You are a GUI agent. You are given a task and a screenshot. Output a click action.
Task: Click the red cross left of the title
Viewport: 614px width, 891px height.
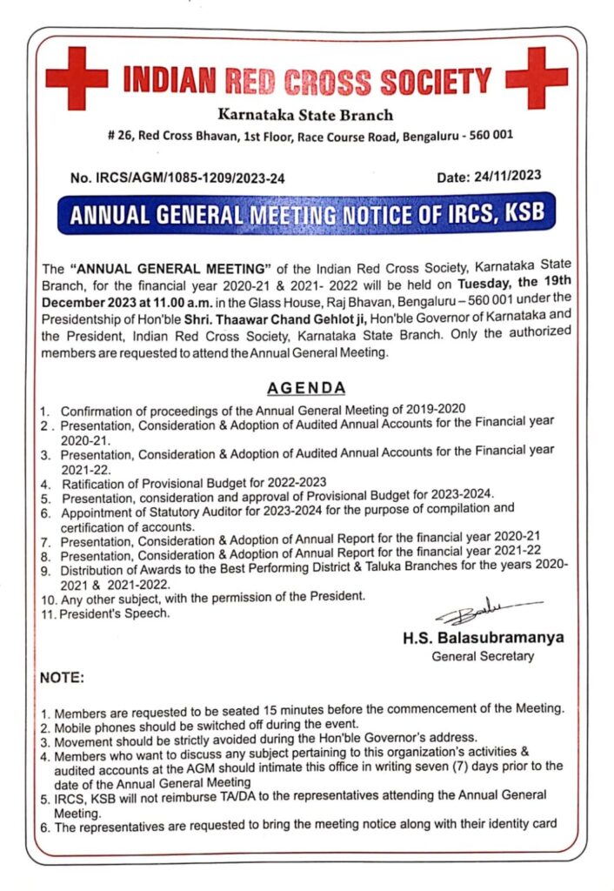76,77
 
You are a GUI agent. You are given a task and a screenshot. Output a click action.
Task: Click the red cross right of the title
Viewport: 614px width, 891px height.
536,77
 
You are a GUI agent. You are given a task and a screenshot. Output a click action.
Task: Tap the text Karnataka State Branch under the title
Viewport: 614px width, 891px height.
305,115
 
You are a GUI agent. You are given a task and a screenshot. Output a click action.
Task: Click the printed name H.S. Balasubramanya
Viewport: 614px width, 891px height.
483,638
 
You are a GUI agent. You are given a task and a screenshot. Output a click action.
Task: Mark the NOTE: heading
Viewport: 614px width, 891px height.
63,677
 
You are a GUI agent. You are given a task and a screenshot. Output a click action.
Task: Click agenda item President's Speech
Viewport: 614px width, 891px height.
114,613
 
